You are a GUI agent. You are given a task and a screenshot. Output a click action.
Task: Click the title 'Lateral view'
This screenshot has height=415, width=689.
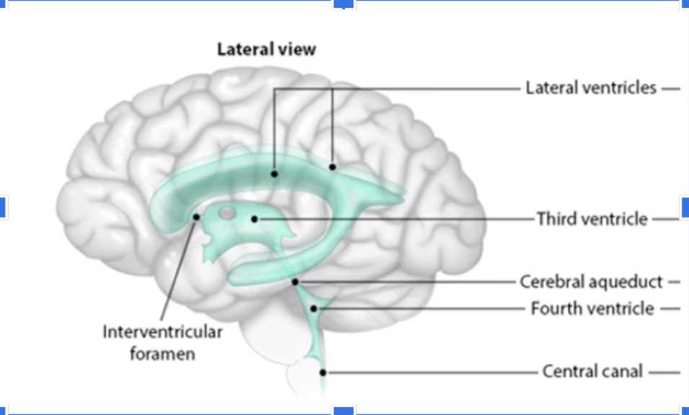coord(267,50)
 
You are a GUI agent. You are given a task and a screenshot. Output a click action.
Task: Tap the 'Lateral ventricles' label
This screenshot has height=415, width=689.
coord(591,88)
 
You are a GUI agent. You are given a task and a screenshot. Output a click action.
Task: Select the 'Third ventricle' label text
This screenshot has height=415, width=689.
coord(592,218)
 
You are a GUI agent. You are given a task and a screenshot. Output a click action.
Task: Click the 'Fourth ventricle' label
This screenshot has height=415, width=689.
coord(592,308)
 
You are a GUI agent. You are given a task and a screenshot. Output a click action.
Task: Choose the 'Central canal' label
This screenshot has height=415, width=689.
coord(592,372)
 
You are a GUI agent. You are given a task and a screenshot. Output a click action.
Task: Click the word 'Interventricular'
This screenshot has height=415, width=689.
coord(162,332)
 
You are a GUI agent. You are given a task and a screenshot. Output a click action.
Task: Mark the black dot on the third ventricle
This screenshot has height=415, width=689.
coord(254,218)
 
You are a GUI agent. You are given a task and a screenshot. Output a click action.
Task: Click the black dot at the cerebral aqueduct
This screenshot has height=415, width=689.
coord(295,282)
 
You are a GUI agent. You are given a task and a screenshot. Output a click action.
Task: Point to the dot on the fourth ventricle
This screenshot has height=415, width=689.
coord(314,308)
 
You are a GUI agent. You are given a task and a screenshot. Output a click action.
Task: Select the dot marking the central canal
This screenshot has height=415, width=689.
coord(324,372)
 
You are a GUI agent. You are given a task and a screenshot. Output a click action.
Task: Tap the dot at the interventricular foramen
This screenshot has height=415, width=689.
coord(196,217)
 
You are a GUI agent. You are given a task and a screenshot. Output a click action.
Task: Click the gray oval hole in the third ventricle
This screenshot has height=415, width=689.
coord(227,213)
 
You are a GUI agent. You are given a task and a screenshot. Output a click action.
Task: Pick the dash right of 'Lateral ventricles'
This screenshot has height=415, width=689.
coord(670,89)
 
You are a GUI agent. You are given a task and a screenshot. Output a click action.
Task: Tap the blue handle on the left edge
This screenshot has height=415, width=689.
coord(2,207)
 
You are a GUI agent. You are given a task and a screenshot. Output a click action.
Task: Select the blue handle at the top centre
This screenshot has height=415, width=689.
coord(344,4)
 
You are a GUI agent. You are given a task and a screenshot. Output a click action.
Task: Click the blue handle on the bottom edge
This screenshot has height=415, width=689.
coord(344,411)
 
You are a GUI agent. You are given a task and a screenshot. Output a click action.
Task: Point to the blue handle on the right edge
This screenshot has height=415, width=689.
coord(685,207)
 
